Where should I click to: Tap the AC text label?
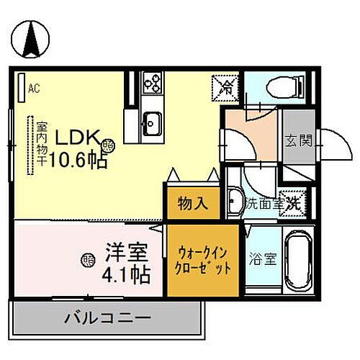[x=33, y=89]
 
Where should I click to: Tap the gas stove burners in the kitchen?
[x=152, y=85]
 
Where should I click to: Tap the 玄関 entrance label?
[x=297, y=140]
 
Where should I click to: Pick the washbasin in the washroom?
[x=235, y=199]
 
